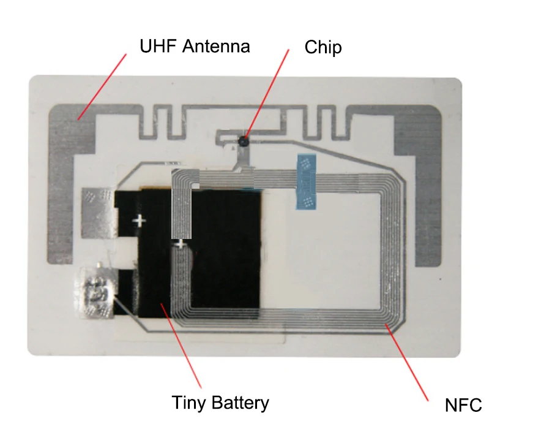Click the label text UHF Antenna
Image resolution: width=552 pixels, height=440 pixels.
click(x=195, y=46)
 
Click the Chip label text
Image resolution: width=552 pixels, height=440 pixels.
click(x=323, y=47)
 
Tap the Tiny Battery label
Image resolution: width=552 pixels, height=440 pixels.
click(x=220, y=403)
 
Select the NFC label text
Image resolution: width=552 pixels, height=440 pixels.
click(x=463, y=405)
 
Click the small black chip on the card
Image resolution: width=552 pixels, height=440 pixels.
click(x=244, y=141)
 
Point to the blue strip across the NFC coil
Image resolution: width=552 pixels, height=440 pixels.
click(x=306, y=181)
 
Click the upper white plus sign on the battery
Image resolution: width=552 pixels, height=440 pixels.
click(x=140, y=221)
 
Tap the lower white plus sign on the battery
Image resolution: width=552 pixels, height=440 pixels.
click(x=180, y=244)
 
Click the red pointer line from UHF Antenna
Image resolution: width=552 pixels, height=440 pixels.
click(x=102, y=87)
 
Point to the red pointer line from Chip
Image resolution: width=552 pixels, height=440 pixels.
click(x=267, y=93)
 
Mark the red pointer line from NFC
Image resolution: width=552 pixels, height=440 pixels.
click(x=406, y=362)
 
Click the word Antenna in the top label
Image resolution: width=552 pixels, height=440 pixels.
click(x=216, y=46)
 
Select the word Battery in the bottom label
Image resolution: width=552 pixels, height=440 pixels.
click(x=240, y=403)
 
